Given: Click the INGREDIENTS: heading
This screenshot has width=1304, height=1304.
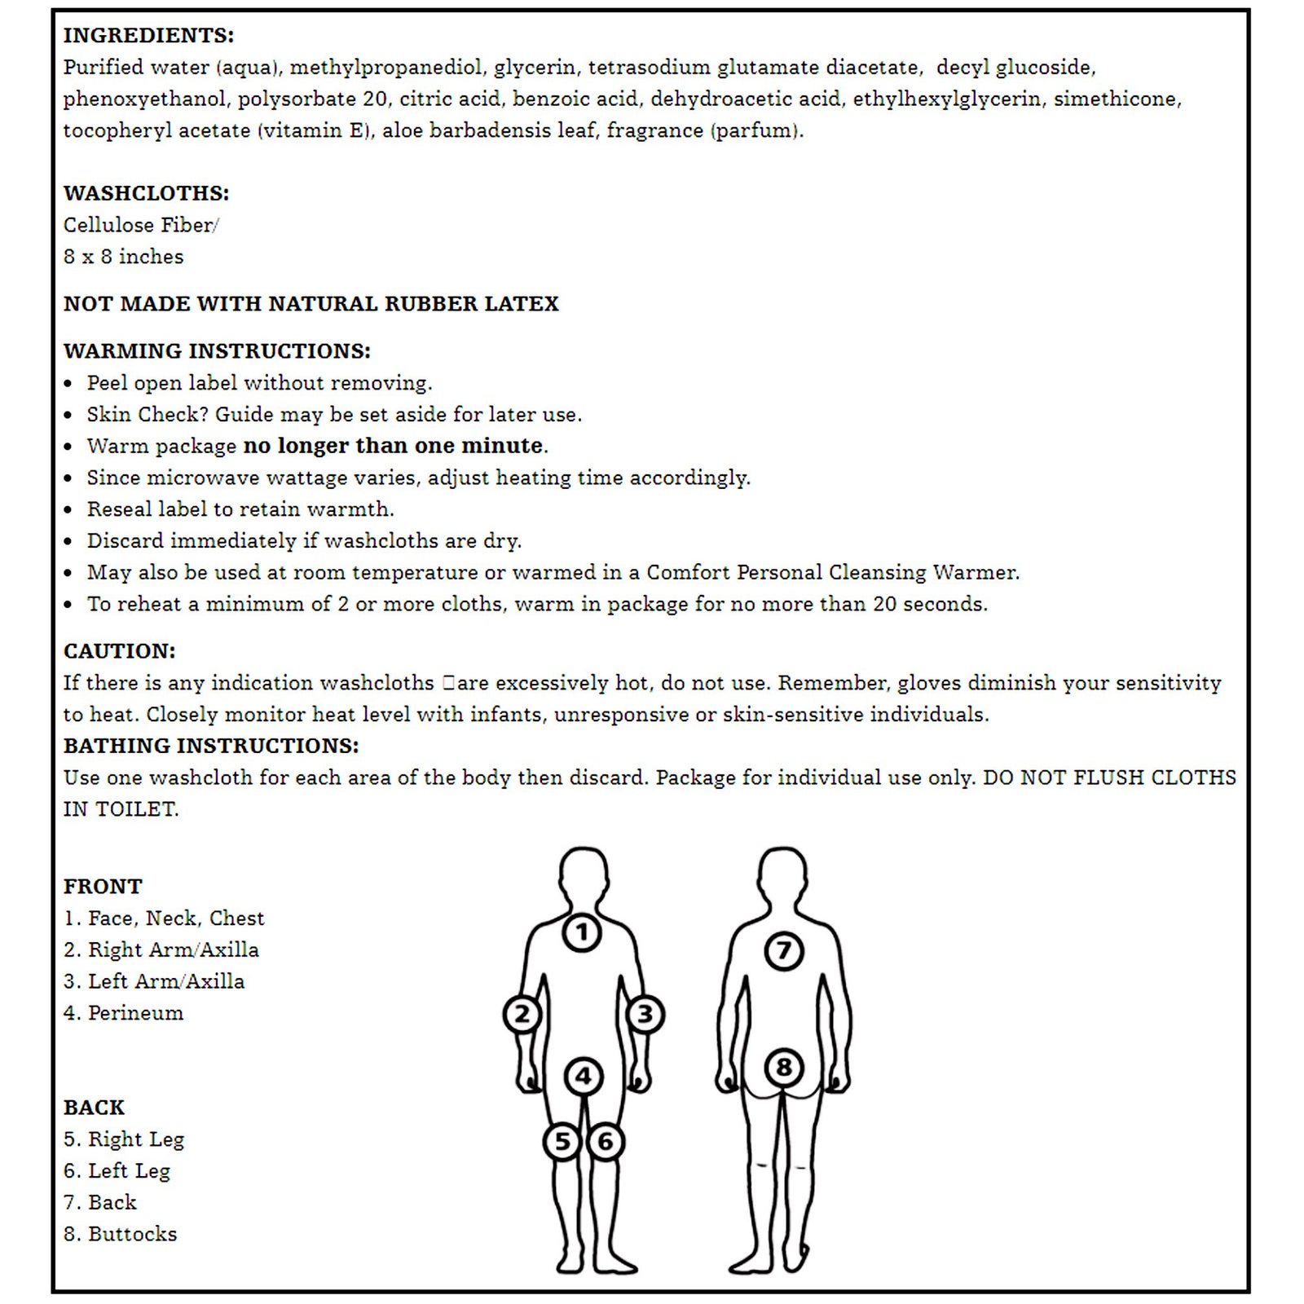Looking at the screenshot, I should [148, 36].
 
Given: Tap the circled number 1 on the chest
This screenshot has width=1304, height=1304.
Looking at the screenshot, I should [582, 932].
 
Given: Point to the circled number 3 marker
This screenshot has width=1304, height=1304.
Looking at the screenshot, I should [645, 1015].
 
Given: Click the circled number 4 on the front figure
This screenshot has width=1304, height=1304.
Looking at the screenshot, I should [584, 1077].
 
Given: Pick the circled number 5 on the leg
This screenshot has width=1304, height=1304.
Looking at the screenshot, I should [562, 1142].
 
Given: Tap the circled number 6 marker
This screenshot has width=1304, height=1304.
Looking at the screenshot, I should [606, 1142].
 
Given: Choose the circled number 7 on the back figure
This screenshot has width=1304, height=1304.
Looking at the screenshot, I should [783, 950].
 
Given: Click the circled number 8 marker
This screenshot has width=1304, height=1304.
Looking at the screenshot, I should [783, 1068].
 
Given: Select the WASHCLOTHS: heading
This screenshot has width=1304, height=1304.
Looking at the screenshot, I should [147, 194].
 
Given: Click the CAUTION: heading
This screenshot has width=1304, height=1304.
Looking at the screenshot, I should [120, 652].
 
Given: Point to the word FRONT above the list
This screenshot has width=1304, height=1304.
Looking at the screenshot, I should [103, 887].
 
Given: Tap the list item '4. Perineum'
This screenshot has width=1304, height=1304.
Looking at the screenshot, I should [124, 1013].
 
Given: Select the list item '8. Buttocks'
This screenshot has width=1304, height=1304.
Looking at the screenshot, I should [121, 1234].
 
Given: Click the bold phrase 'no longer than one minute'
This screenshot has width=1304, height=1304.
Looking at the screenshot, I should [393, 446].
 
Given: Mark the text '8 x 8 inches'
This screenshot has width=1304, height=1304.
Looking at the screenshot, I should [124, 257].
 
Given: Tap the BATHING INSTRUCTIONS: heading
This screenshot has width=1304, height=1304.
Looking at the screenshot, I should [211, 747].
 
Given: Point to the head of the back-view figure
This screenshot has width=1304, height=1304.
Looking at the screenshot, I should [783, 876].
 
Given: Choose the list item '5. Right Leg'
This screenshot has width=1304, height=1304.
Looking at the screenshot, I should [124, 1139].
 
